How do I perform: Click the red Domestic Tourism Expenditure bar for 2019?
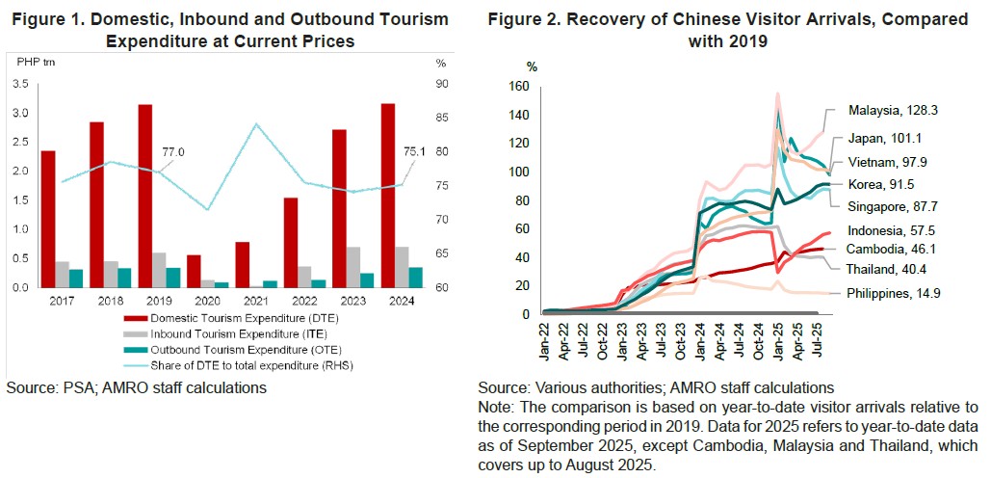tap(144, 196)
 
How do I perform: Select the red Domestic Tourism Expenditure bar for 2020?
tap(194, 271)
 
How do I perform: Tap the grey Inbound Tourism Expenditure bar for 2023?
tap(353, 267)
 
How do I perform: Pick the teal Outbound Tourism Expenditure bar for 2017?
tap(76, 278)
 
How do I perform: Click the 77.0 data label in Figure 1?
tap(173, 151)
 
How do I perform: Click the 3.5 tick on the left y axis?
tap(21, 84)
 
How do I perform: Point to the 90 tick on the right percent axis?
tap(440, 84)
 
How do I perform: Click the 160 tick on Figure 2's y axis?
tap(520, 87)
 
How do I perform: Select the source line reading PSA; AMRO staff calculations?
tap(136, 387)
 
